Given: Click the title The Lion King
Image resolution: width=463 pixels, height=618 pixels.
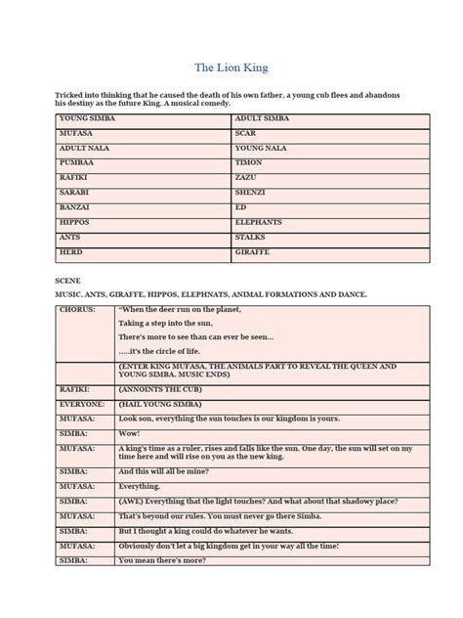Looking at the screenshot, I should coord(231,67).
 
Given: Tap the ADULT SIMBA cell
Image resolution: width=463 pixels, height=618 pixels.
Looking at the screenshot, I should coord(262,118).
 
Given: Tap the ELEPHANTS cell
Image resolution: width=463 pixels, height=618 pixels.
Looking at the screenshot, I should coord(259,223).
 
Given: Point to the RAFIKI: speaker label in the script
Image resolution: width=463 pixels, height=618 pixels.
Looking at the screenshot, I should coord(75,388).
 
